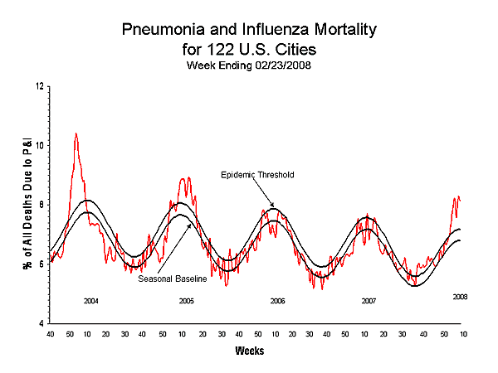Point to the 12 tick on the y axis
tap(39, 86)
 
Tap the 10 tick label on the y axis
tap(39, 145)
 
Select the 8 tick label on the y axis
tap(41, 205)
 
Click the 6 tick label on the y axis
tap(41, 264)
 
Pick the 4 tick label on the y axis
tap(41, 322)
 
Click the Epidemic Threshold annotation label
tap(257, 175)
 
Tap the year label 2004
tap(91, 300)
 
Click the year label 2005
tap(187, 300)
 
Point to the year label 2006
tap(278, 300)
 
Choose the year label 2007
tap(369, 300)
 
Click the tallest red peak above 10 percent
tap(76, 133)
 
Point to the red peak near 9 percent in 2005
tap(186, 178)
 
